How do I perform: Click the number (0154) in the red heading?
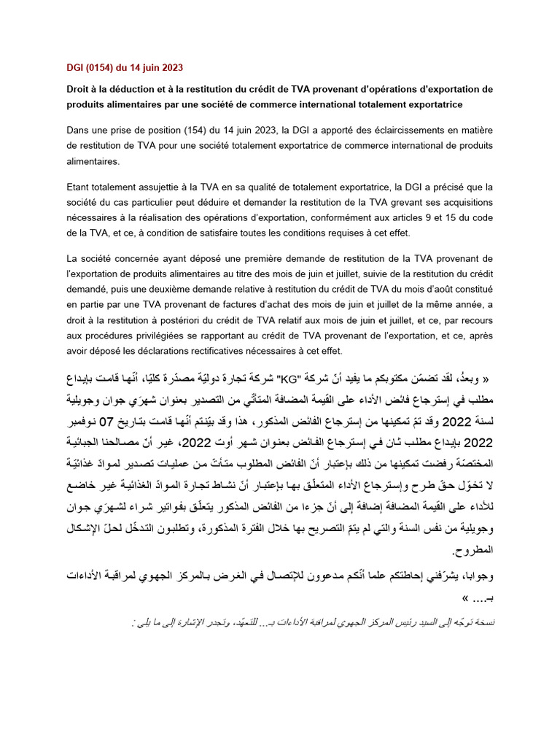click(101, 67)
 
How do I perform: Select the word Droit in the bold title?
click(79, 89)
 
